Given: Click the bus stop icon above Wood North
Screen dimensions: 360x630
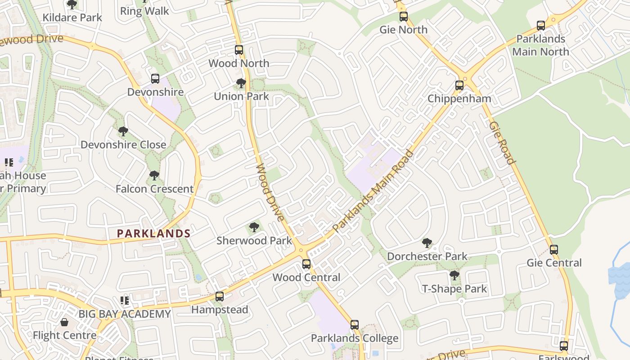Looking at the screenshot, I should [x=239, y=50].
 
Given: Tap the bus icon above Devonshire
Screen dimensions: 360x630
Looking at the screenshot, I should [x=155, y=79].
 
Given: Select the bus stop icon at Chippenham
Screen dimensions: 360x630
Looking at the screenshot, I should [x=459, y=85].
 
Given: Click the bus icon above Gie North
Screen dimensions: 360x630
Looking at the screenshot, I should [x=404, y=17].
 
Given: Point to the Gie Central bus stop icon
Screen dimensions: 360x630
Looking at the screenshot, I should [x=554, y=249].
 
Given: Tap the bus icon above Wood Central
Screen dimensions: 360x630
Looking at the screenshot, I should [x=306, y=264].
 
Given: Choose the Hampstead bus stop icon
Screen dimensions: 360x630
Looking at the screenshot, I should [x=220, y=296].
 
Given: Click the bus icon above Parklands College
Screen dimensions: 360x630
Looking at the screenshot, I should [x=355, y=324].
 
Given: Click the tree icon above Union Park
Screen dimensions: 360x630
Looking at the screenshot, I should [x=241, y=83].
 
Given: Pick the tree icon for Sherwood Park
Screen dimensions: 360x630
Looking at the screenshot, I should [x=254, y=227].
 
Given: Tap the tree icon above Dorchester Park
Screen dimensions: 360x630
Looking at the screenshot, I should [x=427, y=243].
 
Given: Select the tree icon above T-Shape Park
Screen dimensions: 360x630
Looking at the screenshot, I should [x=454, y=275].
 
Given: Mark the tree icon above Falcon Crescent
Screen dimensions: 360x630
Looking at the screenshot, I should [x=154, y=175].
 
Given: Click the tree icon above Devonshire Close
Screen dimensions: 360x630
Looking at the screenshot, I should [x=123, y=131].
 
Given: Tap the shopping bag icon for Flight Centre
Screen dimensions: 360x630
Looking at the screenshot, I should [x=64, y=322].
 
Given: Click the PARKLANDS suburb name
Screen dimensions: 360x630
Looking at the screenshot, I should [x=153, y=233].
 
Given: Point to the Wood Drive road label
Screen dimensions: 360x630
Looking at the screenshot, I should [x=270, y=193].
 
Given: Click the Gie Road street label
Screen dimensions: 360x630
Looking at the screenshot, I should [x=502, y=143].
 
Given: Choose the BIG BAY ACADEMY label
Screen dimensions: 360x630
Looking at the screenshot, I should [x=125, y=314].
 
